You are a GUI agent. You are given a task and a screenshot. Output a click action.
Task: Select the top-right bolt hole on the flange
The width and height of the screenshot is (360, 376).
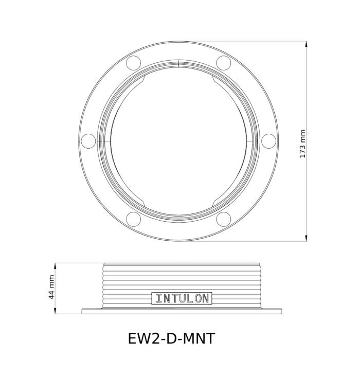click(x=223, y=62)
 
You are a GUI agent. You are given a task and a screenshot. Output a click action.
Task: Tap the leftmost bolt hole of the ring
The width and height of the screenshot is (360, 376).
click(x=88, y=140)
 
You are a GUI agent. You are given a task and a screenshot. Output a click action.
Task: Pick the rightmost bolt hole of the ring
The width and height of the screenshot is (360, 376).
click(x=268, y=140)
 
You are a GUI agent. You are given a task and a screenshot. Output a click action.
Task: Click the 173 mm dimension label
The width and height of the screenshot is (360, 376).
click(x=303, y=144)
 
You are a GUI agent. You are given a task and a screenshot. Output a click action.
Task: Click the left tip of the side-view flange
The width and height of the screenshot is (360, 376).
click(x=82, y=311)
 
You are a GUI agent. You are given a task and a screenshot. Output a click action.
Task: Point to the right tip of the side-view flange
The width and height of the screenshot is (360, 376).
click(x=283, y=311)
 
